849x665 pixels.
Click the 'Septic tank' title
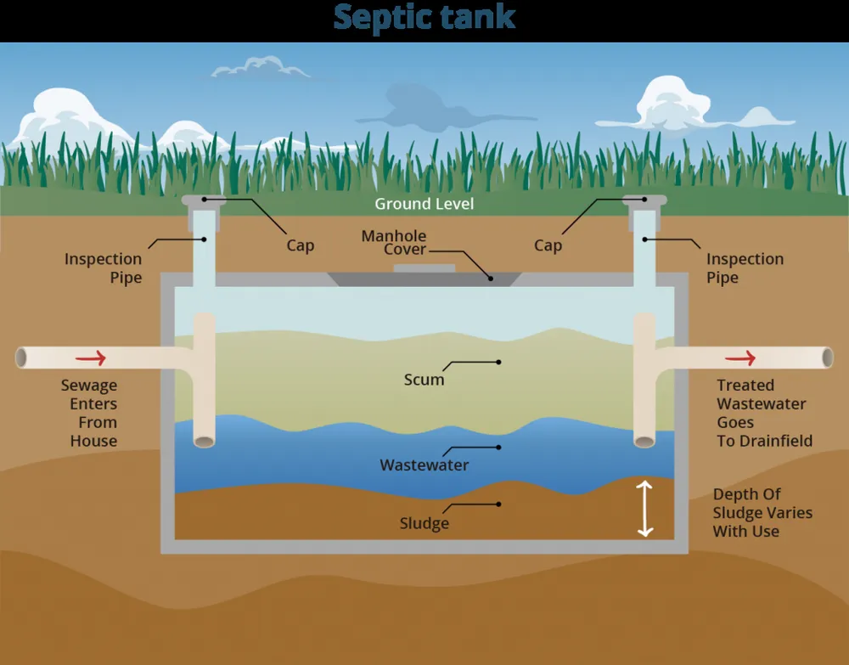point(424,18)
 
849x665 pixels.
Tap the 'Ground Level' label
point(424,204)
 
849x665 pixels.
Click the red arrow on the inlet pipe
point(96,358)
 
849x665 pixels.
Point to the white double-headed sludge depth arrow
point(645,508)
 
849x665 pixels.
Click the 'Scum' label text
point(424,380)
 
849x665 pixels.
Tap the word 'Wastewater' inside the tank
point(424,465)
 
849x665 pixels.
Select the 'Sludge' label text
point(424,523)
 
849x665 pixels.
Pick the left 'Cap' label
point(300,245)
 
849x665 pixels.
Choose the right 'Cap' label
point(548,245)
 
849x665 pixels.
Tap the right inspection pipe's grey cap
point(644,200)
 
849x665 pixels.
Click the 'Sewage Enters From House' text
point(89,413)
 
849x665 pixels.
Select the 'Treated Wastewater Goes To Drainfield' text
point(763,413)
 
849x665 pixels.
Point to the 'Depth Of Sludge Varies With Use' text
point(762,512)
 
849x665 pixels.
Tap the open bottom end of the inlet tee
point(205,441)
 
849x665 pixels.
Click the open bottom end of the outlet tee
point(644,441)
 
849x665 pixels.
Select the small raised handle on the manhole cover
point(424,268)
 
